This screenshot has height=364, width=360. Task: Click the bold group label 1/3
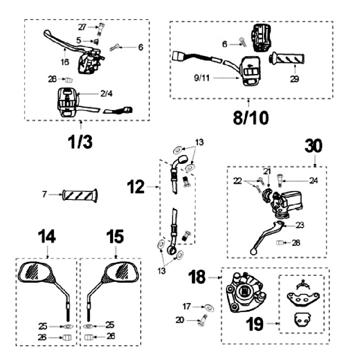80,141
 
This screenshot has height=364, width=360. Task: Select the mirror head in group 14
38,273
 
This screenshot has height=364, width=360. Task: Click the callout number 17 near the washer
186,305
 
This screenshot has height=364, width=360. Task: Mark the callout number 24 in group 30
313,181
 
